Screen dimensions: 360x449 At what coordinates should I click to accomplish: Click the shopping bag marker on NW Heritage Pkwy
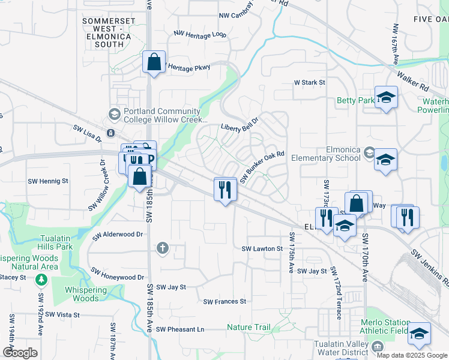154,62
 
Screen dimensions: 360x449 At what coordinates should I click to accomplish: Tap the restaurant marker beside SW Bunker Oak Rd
226,190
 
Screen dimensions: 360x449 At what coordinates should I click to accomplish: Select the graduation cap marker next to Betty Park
386,97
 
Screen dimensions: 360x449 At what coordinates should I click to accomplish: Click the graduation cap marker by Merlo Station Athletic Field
419,334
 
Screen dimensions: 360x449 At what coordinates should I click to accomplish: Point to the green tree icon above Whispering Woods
41,280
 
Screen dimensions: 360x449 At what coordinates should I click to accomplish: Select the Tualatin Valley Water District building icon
377,346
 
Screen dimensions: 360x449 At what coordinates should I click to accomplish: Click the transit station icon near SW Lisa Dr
110,133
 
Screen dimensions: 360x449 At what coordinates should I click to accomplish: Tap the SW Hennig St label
49,180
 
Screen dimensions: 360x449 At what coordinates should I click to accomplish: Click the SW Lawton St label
262,248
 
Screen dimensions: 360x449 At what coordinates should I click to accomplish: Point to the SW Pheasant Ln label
180,329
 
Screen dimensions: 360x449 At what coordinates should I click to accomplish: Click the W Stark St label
309,82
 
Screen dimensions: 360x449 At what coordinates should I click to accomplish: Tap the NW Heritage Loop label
200,35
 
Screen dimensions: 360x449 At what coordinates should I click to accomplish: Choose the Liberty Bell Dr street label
239,124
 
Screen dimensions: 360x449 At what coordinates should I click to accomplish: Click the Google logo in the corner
20,353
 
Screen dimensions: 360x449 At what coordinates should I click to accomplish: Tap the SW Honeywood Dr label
116,277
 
